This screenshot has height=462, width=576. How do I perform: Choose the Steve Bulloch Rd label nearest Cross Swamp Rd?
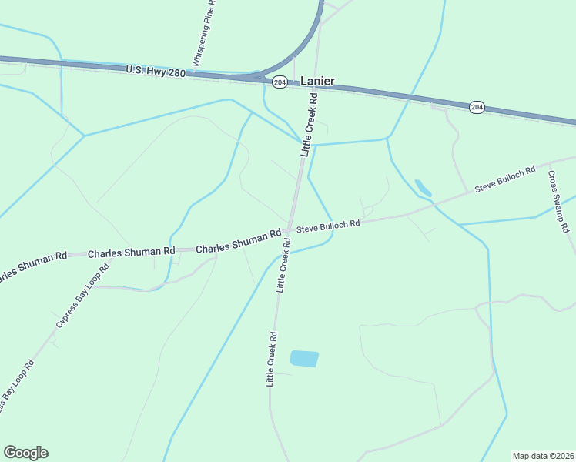504,179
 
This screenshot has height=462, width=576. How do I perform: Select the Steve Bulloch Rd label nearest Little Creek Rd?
329,226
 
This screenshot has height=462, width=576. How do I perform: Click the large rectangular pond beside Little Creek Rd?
303,358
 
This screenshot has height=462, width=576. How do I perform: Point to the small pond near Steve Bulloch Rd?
423,188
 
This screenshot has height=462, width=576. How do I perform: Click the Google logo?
25,453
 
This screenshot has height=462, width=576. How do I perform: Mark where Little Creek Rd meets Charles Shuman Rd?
288,230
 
